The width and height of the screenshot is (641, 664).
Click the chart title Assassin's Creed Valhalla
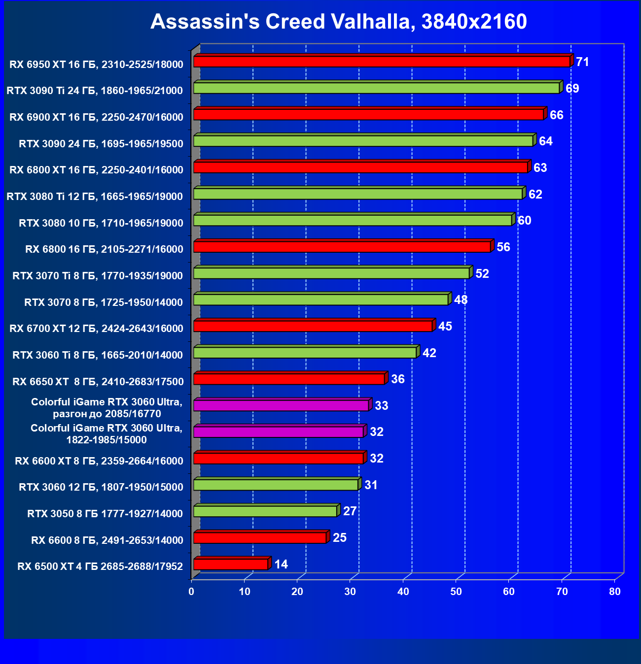[x=338, y=22]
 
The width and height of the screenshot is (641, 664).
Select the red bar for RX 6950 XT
[x=382, y=62]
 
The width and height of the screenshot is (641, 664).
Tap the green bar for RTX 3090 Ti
[x=376, y=88]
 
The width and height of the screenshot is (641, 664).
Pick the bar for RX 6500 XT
[x=231, y=564]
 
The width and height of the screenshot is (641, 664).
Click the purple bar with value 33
[x=281, y=405]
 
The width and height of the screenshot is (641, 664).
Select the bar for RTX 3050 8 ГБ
[x=265, y=511]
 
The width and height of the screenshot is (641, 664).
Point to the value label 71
[x=582, y=62]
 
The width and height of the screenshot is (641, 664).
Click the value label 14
[x=281, y=564]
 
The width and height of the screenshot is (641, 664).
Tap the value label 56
[x=503, y=247]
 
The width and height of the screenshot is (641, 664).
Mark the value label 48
[x=461, y=300]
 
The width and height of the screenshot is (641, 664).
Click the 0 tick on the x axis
[x=192, y=592]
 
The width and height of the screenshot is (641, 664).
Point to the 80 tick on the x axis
[x=615, y=592]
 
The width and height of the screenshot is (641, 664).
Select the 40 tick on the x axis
[x=403, y=592]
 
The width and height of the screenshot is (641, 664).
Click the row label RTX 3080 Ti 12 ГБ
[x=95, y=197]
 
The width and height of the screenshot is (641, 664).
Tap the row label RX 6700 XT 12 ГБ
[x=96, y=329]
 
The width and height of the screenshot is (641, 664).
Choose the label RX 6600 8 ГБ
[x=107, y=540]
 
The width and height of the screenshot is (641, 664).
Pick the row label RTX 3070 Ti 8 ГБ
[x=98, y=276]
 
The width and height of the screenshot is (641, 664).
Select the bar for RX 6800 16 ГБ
[x=342, y=247]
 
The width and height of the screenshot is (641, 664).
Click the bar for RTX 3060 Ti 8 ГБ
[x=305, y=353]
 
